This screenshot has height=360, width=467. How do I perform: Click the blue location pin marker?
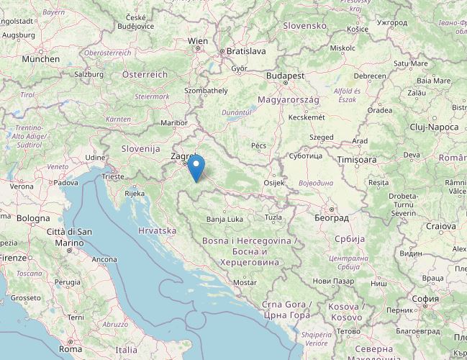click(x=196, y=168)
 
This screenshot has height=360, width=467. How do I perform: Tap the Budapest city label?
click(x=285, y=75)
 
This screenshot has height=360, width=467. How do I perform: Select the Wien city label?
click(x=198, y=41)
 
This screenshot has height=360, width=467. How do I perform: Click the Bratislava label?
click(x=246, y=51)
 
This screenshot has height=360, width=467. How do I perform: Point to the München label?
click(x=40, y=59)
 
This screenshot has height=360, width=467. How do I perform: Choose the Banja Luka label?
click(x=225, y=219)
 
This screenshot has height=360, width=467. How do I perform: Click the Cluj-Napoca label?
click(x=434, y=127)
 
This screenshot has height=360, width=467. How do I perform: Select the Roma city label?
click(x=71, y=348)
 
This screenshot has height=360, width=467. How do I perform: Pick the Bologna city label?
click(x=33, y=217)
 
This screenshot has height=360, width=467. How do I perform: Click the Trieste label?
click(x=112, y=176)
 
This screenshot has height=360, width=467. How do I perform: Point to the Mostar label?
click(x=245, y=283)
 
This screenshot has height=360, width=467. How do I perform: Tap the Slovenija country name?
click(x=140, y=148)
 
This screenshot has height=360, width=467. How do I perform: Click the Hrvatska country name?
click(x=156, y=230)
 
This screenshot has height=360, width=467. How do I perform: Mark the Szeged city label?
click(x=322, y=137)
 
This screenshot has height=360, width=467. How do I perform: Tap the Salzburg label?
click(x=89, y=73)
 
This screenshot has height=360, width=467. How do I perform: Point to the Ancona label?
click(x=104, y=259)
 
